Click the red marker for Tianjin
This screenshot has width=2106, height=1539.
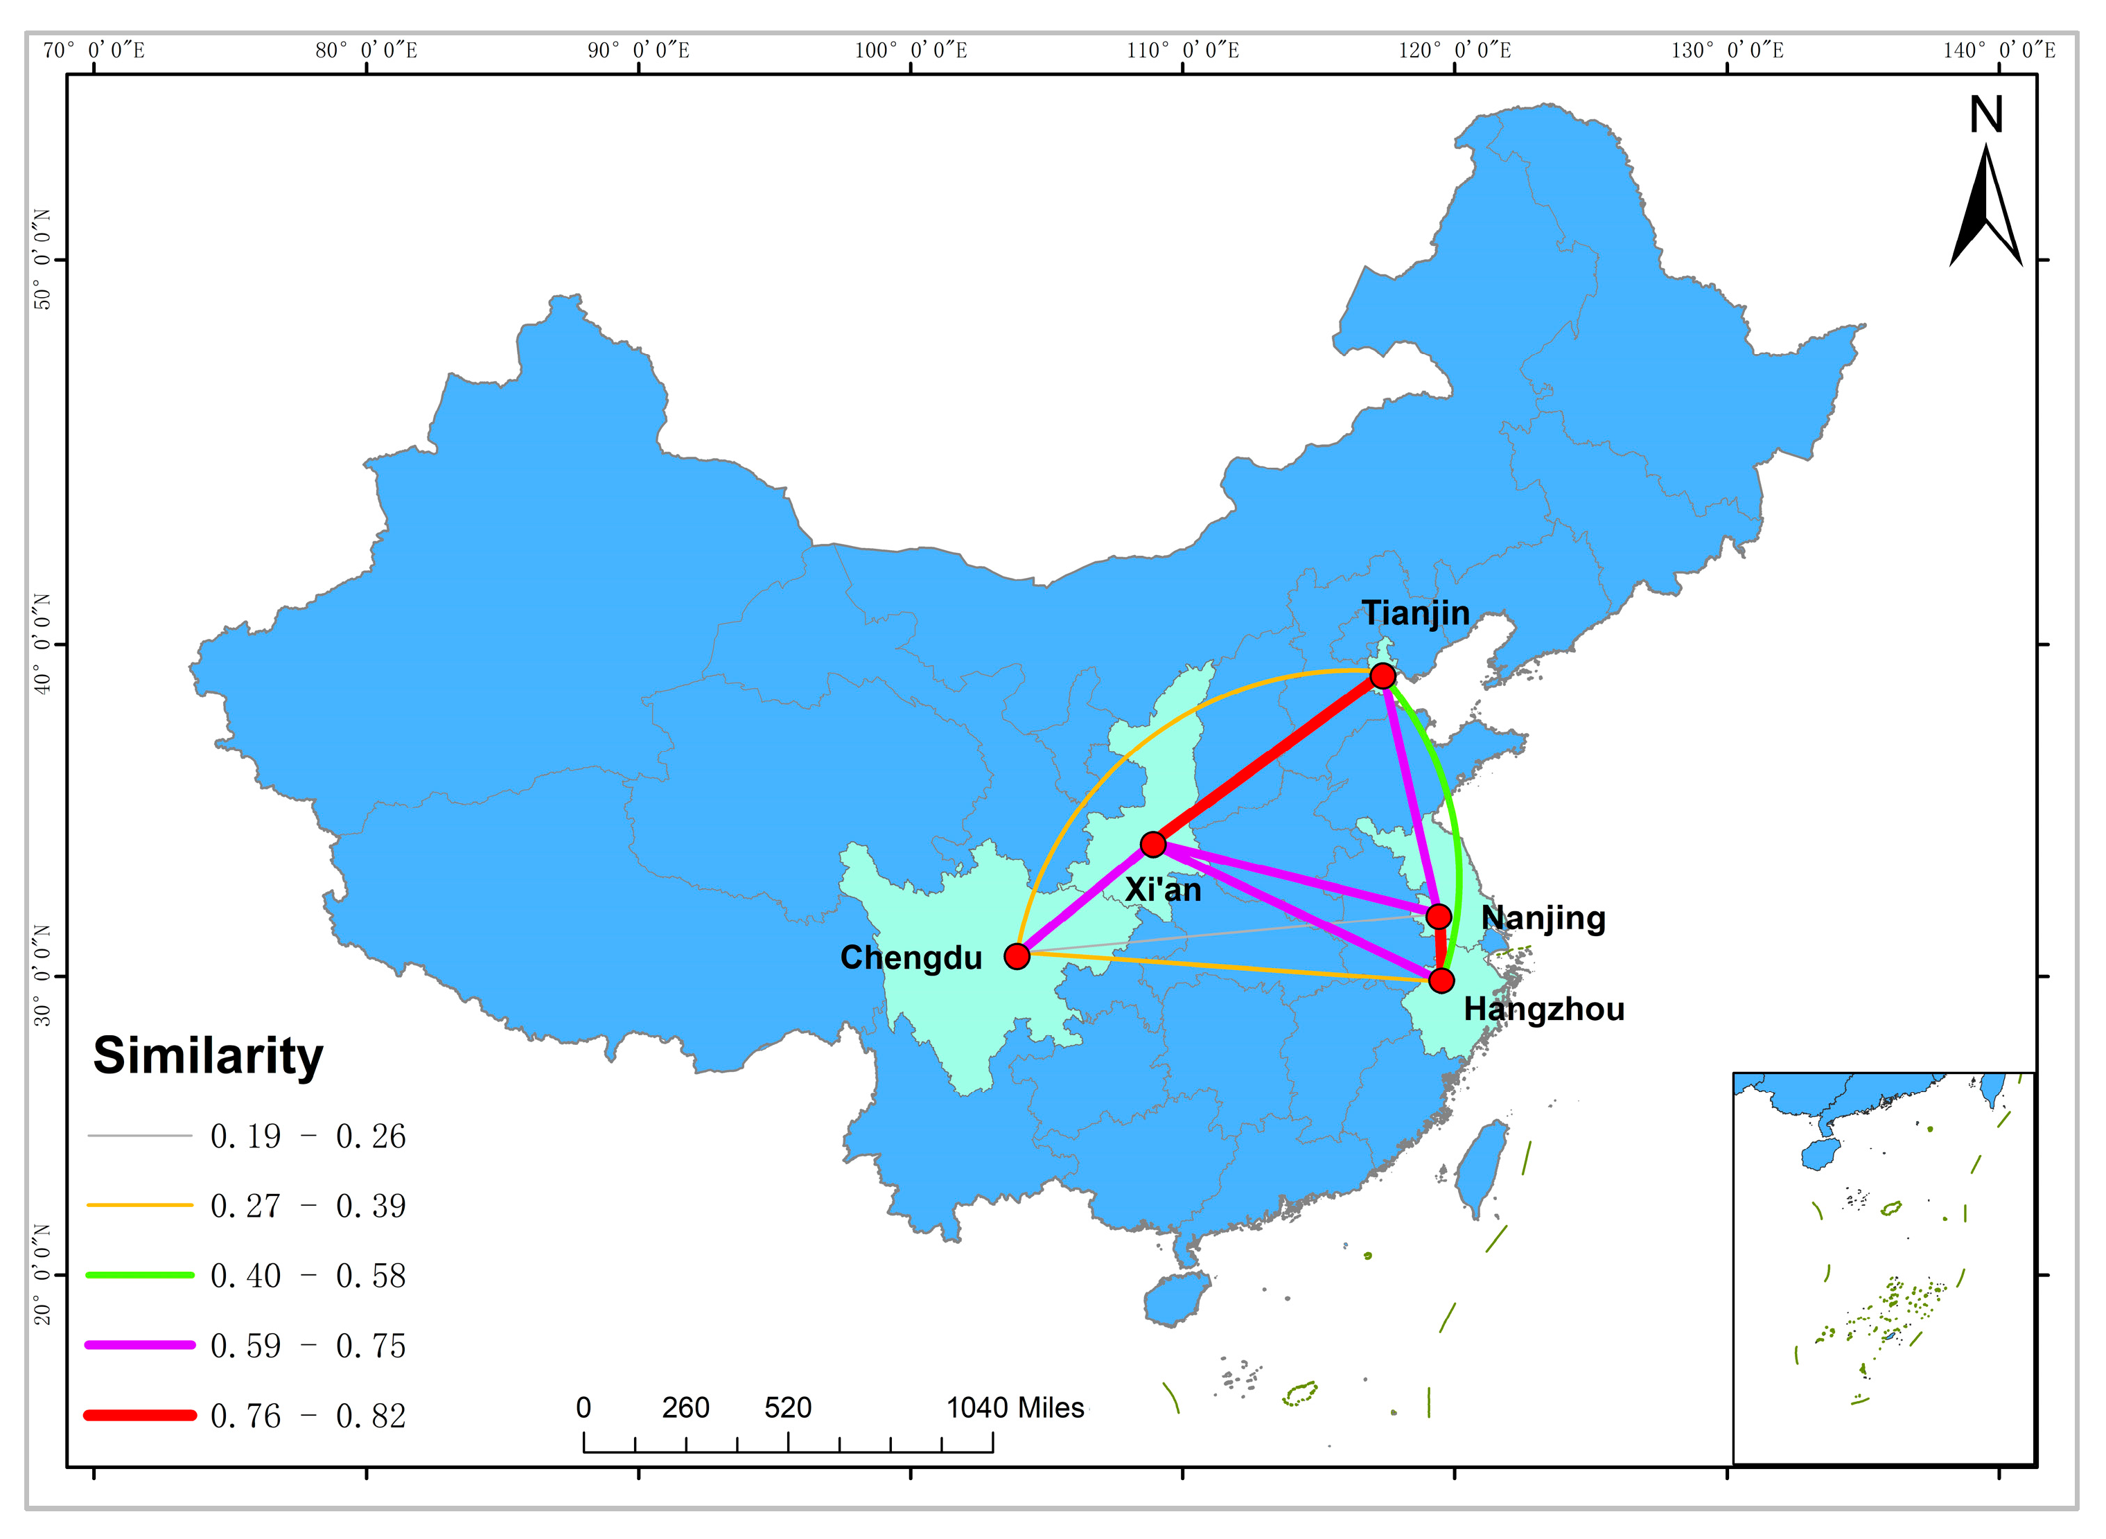tap(1383, 676)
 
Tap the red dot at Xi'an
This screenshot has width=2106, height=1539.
tap(1153, 845)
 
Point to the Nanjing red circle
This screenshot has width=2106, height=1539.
tap(1439, 917)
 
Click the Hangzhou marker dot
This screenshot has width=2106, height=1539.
tap(1441, 980)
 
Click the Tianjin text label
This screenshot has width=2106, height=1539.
tap(1416, 613)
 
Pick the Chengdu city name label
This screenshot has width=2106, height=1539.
tap(911, 958)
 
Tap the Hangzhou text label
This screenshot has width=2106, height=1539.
tap(1543, 1009)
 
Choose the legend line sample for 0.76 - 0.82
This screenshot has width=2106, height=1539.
tap(140, 1415)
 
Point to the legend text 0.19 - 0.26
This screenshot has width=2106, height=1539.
tap(308, 1136)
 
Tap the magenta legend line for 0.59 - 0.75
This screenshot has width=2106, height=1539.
tap(140, 1344)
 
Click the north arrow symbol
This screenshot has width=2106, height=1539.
tap(1986, 209)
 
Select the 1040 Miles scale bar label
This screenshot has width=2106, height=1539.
tap(1015, 1407)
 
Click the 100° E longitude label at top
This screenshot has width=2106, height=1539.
tap(911, 51)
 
